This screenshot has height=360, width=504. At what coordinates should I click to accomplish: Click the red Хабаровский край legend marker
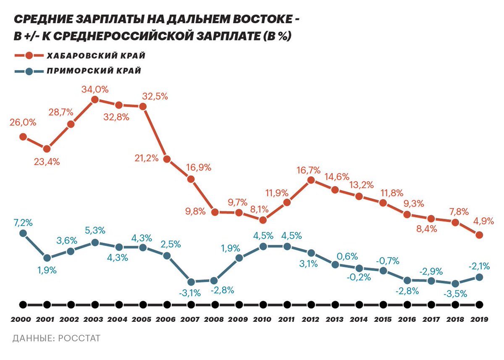(29, 56)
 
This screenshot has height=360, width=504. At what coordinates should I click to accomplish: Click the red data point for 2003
(95, 100)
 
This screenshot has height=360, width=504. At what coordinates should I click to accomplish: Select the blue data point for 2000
(23, 233)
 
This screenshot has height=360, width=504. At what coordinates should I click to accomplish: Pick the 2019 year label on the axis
(479, 319)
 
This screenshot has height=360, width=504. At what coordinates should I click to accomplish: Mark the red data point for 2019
(479, 235)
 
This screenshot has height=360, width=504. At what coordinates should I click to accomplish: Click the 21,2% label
(146, 158)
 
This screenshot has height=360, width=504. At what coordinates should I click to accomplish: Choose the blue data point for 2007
(191, 282)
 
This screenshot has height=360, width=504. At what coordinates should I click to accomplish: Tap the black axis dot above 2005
(143, 305)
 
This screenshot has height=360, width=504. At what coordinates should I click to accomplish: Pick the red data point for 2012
(311, 180)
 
